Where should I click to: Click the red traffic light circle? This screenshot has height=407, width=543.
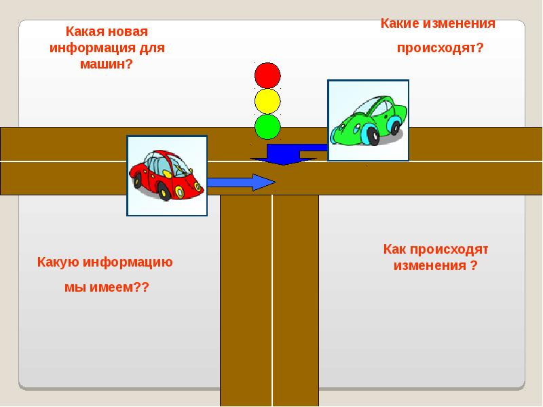[267, 75]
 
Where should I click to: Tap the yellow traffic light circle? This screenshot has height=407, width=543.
[267, 100]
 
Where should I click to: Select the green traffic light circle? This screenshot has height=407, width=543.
[267, 126]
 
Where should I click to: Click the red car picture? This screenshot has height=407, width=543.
[167, 175]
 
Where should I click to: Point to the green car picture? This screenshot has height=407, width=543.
[368, 121]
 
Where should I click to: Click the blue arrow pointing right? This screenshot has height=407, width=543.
[241, 182]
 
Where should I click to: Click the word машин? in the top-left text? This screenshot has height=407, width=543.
[107, 64]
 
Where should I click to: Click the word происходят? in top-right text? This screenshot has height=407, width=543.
[440, 49]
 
